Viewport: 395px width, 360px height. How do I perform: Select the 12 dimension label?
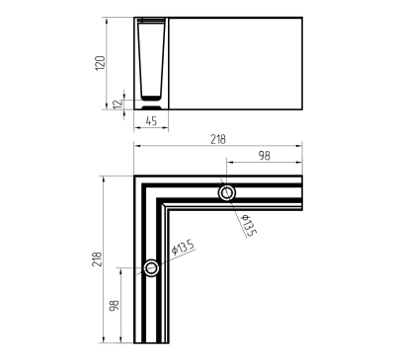coord(116,103)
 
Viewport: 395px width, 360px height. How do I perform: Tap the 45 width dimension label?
coord(151,121)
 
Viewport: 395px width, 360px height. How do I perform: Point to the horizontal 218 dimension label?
coord(216,141)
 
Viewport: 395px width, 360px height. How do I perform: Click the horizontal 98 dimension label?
coord(265,156)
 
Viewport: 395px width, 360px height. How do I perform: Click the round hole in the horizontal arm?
coord(228,193)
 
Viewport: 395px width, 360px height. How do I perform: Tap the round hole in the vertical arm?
coord(151,268)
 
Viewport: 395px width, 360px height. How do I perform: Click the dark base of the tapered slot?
coord(151,98)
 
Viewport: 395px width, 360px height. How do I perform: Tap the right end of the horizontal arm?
coord(301,193)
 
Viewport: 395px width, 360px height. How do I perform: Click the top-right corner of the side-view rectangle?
coord(301,17)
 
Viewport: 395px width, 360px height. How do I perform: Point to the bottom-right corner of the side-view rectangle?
coord(301,108)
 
